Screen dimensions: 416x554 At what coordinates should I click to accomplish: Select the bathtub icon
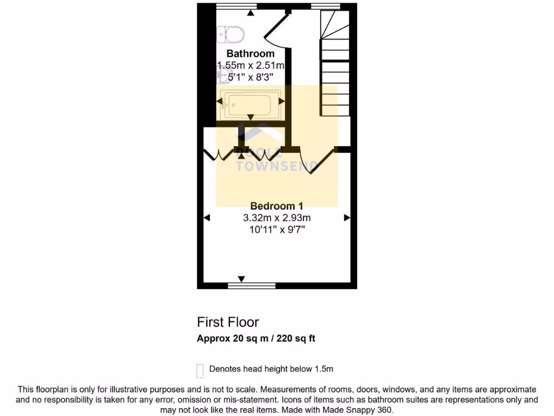pos(249,105)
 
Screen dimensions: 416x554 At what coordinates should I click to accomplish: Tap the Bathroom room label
pos(250,54)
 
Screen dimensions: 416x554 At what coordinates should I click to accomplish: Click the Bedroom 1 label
pos(276,206)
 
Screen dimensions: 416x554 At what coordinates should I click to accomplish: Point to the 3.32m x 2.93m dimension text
pos(276,218)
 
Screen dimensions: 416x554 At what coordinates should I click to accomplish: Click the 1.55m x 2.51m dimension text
pos(250,66)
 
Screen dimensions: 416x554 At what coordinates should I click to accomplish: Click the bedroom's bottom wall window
pos(252,285)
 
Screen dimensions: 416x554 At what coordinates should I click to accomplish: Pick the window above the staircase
pos(326,6)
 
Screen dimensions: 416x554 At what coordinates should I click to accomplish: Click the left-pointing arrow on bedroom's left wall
pos(207,218)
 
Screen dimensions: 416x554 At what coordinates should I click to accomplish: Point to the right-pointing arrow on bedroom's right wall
pos(347,218)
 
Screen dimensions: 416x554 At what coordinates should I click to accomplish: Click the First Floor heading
pos(228,322)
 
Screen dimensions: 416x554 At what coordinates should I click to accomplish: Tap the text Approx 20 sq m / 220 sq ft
pos(256,339)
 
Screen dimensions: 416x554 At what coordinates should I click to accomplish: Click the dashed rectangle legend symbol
pos(200,370)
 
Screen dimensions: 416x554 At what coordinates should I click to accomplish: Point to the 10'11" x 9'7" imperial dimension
pos(276,229)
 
